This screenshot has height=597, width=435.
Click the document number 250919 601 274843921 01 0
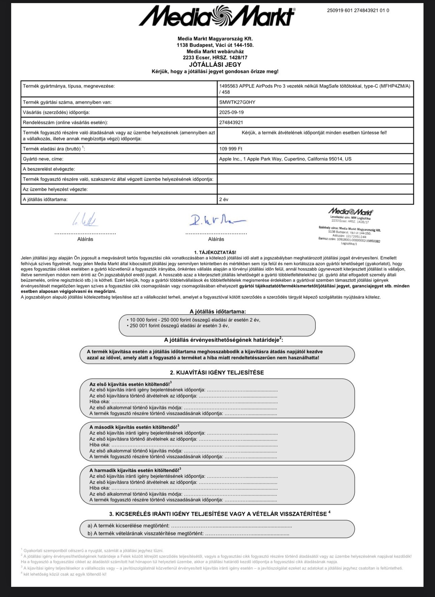[358, 11]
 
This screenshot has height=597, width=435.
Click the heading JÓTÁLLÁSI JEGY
[215, 64]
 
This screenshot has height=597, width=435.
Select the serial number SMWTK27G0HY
[237, 102]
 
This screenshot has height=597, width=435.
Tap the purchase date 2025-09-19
[231, 112]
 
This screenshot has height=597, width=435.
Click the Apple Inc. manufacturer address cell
[285, 159]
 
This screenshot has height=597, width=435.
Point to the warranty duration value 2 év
[224, 200]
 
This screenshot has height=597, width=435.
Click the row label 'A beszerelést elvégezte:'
[49, 169]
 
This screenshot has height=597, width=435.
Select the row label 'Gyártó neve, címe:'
[43, 159]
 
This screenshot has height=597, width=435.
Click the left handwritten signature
[85, 220]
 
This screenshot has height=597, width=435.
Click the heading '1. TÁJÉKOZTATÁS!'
[215, 252]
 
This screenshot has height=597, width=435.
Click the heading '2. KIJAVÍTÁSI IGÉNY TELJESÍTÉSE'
[217, 372]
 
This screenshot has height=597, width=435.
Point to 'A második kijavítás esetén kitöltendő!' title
[134, 427]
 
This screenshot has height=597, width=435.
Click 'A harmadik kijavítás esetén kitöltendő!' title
[135, 470]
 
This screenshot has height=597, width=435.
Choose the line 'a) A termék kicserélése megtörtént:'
[128, 526]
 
